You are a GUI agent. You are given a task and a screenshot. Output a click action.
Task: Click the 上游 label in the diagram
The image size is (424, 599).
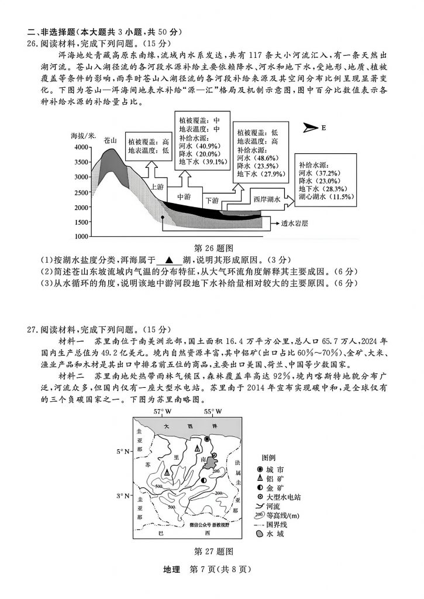coord(157,187)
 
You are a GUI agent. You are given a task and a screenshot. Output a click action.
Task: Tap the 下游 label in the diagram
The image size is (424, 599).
coord(211,200)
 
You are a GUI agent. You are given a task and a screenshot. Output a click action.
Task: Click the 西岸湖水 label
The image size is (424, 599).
coord(267,199)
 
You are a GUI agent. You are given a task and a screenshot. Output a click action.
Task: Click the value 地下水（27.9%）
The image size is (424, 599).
coord(261,174)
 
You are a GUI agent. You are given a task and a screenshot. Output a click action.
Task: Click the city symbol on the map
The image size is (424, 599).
coord(206,438)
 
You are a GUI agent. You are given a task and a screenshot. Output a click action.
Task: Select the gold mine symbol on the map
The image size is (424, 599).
coord(204,480)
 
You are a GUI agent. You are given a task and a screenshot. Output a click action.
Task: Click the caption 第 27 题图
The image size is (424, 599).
coord(213,551)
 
